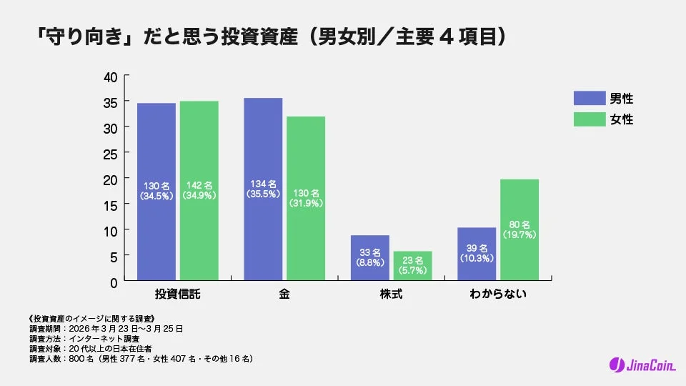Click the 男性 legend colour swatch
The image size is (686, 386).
(x=588, y=99)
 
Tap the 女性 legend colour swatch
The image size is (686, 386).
(x=588, y=119)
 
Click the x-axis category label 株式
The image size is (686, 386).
(x=392, y=295)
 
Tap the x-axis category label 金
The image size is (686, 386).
(x=284, y=295)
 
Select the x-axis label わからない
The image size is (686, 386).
(x=498, y=295)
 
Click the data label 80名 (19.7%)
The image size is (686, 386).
(x=520, y=228)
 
